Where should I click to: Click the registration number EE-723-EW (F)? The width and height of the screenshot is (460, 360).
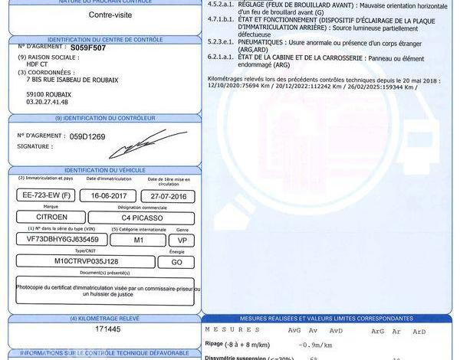pos(46,195)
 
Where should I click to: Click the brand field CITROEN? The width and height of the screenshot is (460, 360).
pos(51,218)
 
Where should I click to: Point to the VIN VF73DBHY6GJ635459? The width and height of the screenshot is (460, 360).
pos(61,239)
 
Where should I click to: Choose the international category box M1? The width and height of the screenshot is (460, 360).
pos(138,239)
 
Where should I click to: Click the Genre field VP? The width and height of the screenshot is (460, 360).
pos(182,239)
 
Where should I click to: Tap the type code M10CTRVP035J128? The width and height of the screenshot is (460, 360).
pos(81,260)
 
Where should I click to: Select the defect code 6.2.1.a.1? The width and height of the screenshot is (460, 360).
pos(222,57)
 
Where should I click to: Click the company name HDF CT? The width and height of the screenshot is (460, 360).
pos(37,64)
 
